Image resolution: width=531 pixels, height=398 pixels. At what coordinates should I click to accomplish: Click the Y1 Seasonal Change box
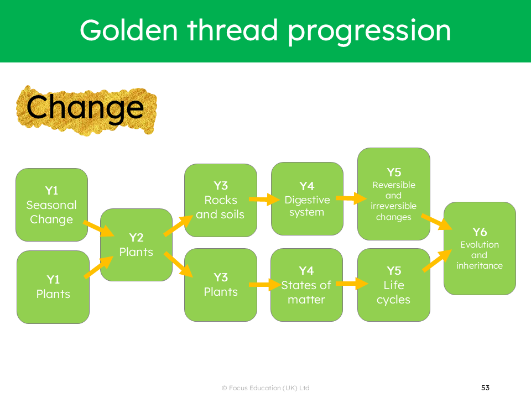coord(51,205)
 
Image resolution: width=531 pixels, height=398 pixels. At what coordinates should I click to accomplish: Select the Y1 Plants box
coord(53,287)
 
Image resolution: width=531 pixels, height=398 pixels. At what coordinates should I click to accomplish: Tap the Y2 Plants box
coord(136,245)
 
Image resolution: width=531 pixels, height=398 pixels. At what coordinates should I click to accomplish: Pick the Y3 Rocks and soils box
coord(220,200)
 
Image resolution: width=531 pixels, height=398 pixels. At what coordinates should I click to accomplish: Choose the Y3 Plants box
coord(220,285)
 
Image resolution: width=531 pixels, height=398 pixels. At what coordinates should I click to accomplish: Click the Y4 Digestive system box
coord(307,198)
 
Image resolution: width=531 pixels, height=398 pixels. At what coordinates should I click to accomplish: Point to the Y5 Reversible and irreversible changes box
coord(393,194)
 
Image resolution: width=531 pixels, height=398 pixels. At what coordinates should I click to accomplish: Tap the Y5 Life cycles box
coord(393,285)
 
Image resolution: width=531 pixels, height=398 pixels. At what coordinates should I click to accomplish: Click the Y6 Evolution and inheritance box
coord(480,248)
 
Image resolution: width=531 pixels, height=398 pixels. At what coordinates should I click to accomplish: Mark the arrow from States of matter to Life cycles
coord(351,284)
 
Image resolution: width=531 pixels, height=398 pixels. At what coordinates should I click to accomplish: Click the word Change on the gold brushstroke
coord(85,108)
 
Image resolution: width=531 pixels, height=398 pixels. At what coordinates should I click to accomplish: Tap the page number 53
coord(485,388)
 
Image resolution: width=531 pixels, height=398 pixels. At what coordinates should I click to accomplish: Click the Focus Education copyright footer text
coord(265,388)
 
